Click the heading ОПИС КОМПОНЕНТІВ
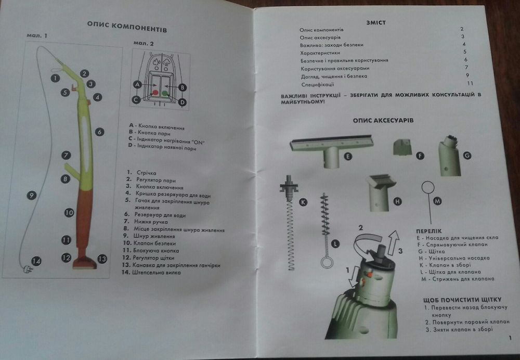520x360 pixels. pos(127,26)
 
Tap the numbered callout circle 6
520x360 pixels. pos(99,132)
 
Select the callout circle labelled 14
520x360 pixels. pos(36,261)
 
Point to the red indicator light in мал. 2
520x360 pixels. pos(155,93)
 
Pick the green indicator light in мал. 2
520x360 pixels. pos(165,93)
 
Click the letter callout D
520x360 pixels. pos(182,102)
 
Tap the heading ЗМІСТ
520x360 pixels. pos(376,22)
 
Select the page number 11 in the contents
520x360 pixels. pos(470,83)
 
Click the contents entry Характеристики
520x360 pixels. pos(320,53)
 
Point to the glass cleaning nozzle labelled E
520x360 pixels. pos(332,150)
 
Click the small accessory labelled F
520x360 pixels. pos(402,147)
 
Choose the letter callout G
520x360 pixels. pos(467,155)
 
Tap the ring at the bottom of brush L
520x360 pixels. pos(327,262)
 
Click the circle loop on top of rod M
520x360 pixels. pos(428,187)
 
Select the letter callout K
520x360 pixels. pos(303,202)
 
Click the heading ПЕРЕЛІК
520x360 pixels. pos(429,231)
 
